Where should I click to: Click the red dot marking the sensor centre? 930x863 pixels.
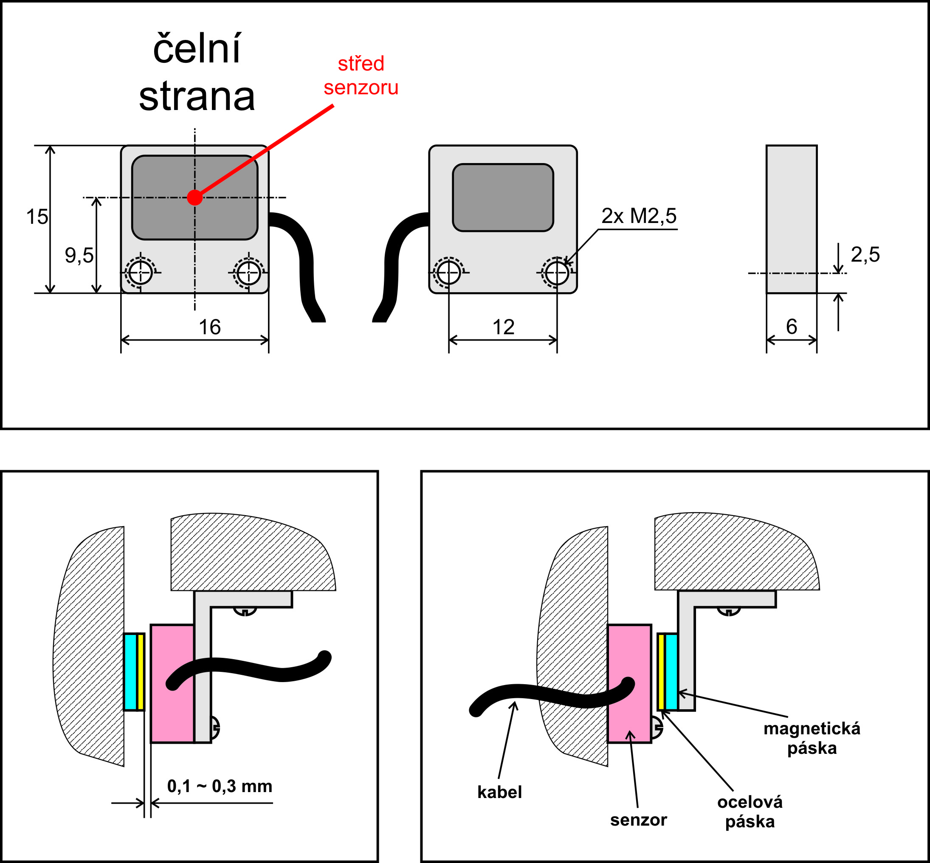(194, 197)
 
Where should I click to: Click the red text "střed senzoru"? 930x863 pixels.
(361, 76)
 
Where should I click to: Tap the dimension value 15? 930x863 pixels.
(37, 217)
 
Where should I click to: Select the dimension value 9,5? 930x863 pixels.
(79, 255)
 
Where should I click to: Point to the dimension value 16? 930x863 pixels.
(210, 327)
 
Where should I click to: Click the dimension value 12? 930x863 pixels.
(503, 327)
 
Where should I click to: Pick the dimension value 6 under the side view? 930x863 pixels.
(791, 327)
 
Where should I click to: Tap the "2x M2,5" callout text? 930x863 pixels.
(639, 216)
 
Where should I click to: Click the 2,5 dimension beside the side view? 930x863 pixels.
(865, 254)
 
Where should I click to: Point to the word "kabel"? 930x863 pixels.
(499, 792)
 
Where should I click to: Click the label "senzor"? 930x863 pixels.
(638, 820)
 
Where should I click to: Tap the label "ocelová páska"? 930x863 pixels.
(750, 812)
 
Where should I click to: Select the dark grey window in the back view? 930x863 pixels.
(503, 197)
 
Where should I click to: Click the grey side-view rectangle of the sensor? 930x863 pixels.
(791, 219)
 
